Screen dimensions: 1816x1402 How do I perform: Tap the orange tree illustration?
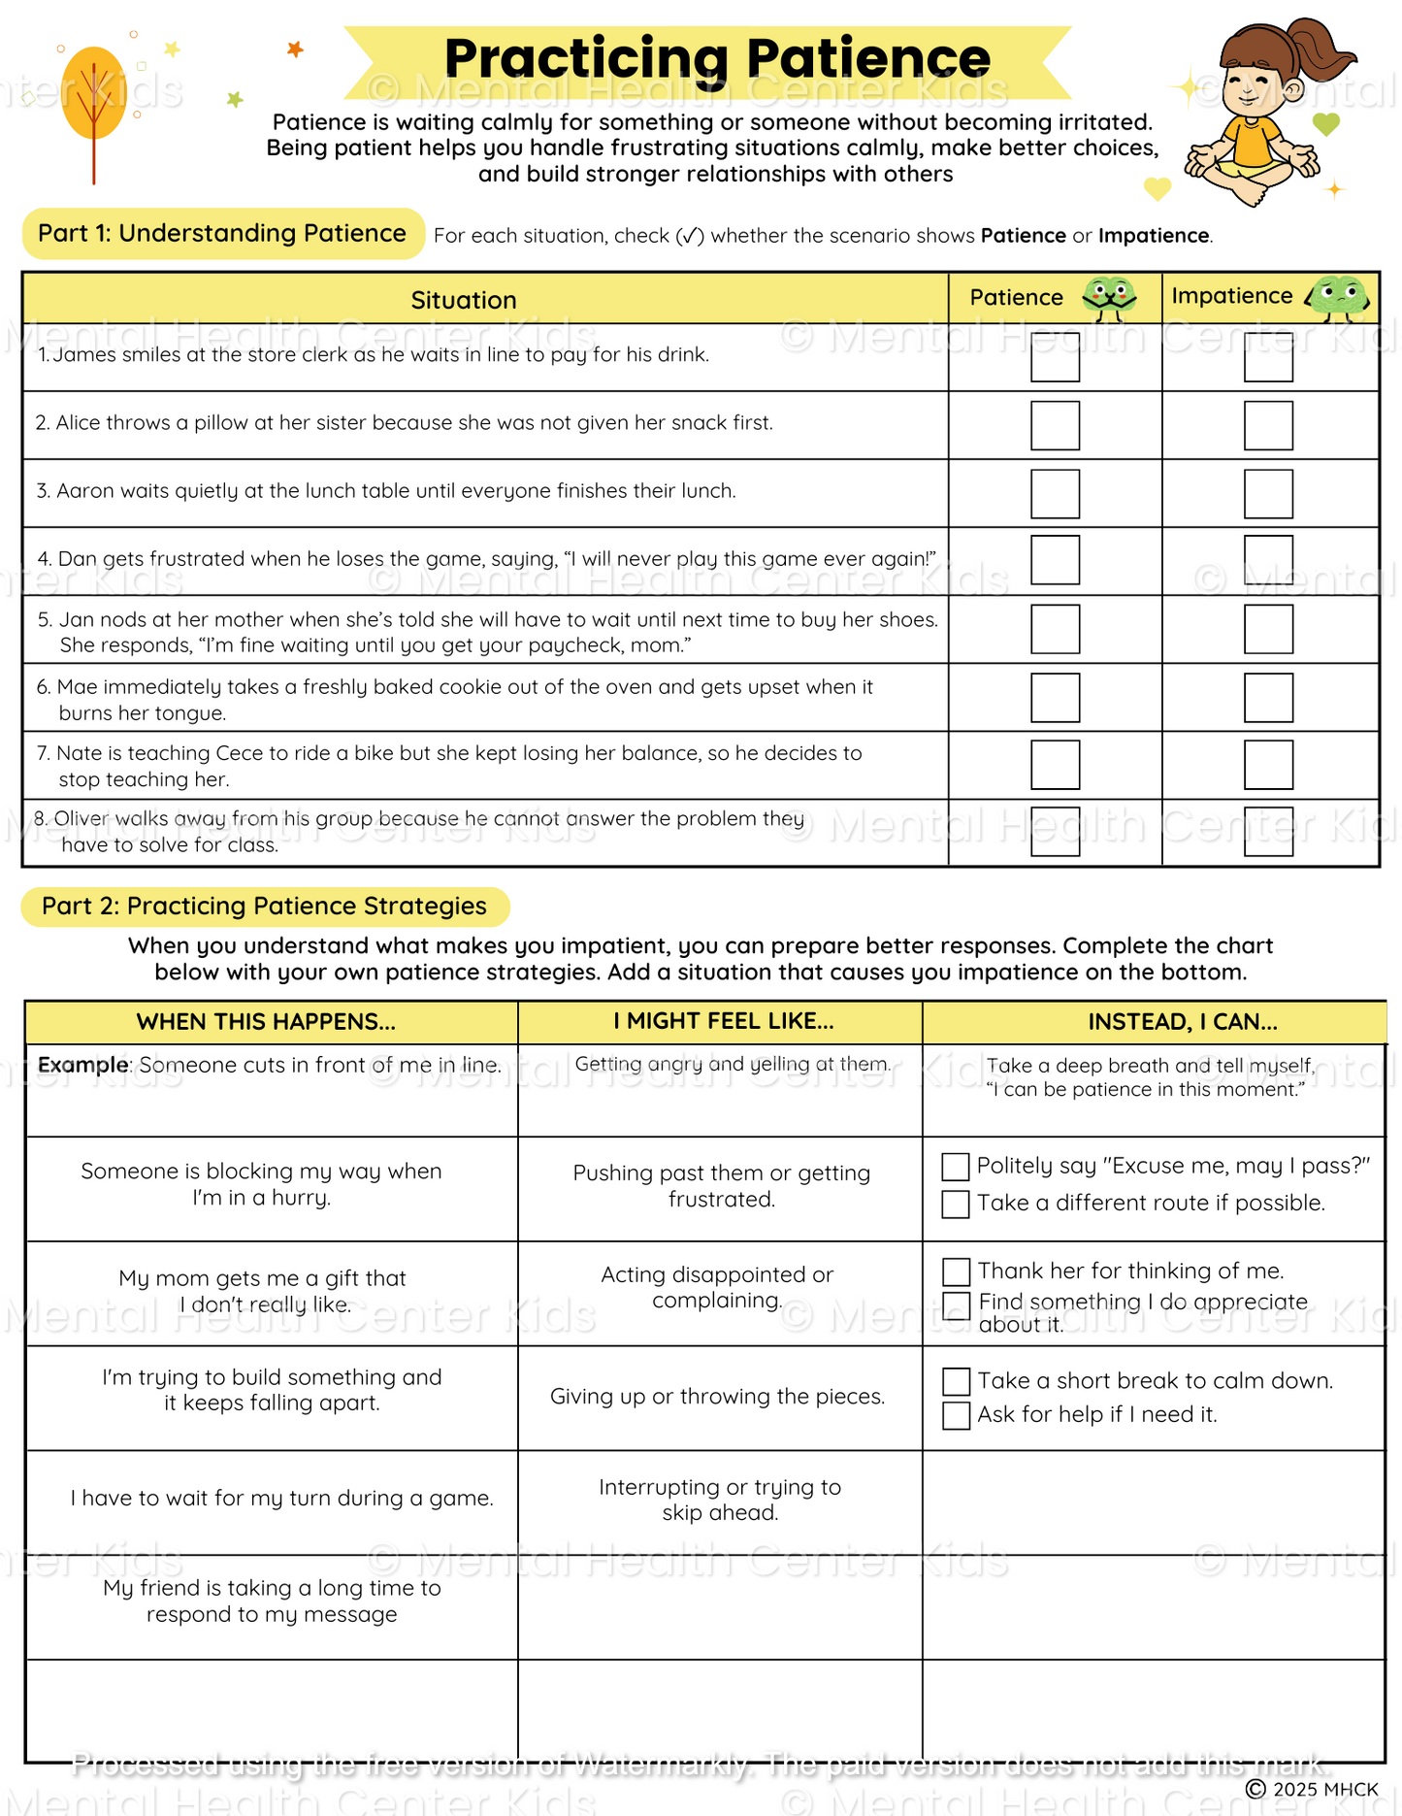pyautogui.click(x=93, y=97)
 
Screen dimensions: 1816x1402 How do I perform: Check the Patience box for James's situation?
pyautogui.click(x=1055, y=357)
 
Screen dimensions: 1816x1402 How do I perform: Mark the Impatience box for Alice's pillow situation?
pyautogui.click(x=1268, y=425)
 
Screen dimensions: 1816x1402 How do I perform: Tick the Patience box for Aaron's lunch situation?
pyautogui.click(x=1055, y=493)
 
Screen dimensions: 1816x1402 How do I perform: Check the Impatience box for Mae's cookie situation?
pyautogui.click(x=1268, y=697)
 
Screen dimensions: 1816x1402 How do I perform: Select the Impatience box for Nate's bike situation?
pyautogui.click(x=1268, y=765)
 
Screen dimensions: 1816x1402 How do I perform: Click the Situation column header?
pyautogui.click(x=464, y=300)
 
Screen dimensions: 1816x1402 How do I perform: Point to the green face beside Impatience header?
pyautogui.click(x=1338, y=296)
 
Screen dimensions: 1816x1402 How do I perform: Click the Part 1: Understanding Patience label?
pyautogui.click(x=222, y=233)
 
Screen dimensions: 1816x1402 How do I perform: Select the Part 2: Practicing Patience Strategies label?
pyautogui.click(x=264, y=906)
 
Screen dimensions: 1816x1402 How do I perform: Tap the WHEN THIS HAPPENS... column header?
pyautogui.click(x=266, y=1021)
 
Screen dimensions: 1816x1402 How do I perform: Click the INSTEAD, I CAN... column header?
pyautogui.click(x=1182, y=1021)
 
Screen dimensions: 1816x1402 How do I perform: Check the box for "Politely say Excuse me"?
pyautogui.click(x=956, y=1167)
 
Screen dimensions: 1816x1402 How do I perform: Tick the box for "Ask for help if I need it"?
pyautogui.click(x=956, y=1415)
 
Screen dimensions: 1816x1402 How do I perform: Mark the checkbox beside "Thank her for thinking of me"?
pyautogui.click(x=956, y=1271)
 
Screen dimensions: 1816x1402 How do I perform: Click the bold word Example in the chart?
pyautogui.click(x=83, y=1065)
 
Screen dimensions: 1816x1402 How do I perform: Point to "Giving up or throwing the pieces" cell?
pyautogui.click(x=717, y=1396)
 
